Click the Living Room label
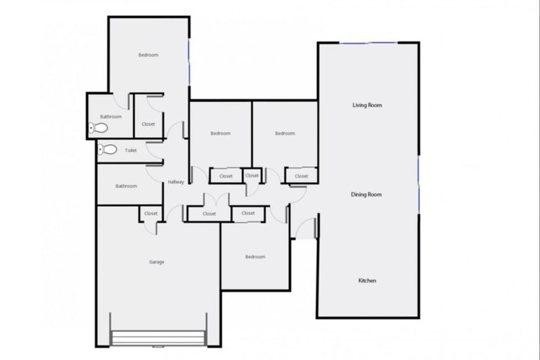click(367, 105)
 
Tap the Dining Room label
click(366, 194)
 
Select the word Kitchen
click(367, 281)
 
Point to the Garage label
click(156, 262)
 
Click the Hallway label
click(176, 183)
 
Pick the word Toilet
click(131, 150)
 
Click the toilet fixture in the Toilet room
click(108, 149)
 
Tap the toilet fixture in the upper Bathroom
click(97, 129)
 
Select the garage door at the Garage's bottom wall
click(159, 337)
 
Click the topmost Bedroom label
click(148, 55)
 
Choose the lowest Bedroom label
click(255, 257)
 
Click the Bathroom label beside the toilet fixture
click(110, 117)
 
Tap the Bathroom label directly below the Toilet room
click(127, 186)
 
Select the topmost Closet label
click(148, 124)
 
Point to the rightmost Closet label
click(301, 176)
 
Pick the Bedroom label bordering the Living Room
click(284, 134)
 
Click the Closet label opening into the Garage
click(150, 213)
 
